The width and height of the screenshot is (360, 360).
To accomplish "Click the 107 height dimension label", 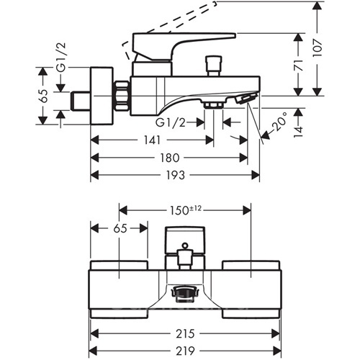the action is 318,48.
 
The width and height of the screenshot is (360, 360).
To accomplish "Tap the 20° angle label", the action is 279,122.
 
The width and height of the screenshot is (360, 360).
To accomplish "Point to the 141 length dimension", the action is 152,140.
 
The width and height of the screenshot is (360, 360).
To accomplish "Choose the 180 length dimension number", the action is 170,158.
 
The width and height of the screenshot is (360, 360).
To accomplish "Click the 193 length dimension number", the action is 175,175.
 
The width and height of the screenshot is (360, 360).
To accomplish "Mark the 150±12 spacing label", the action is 185,210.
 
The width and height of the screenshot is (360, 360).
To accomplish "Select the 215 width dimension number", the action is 185,333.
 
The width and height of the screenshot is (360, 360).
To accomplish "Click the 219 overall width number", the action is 185,351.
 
